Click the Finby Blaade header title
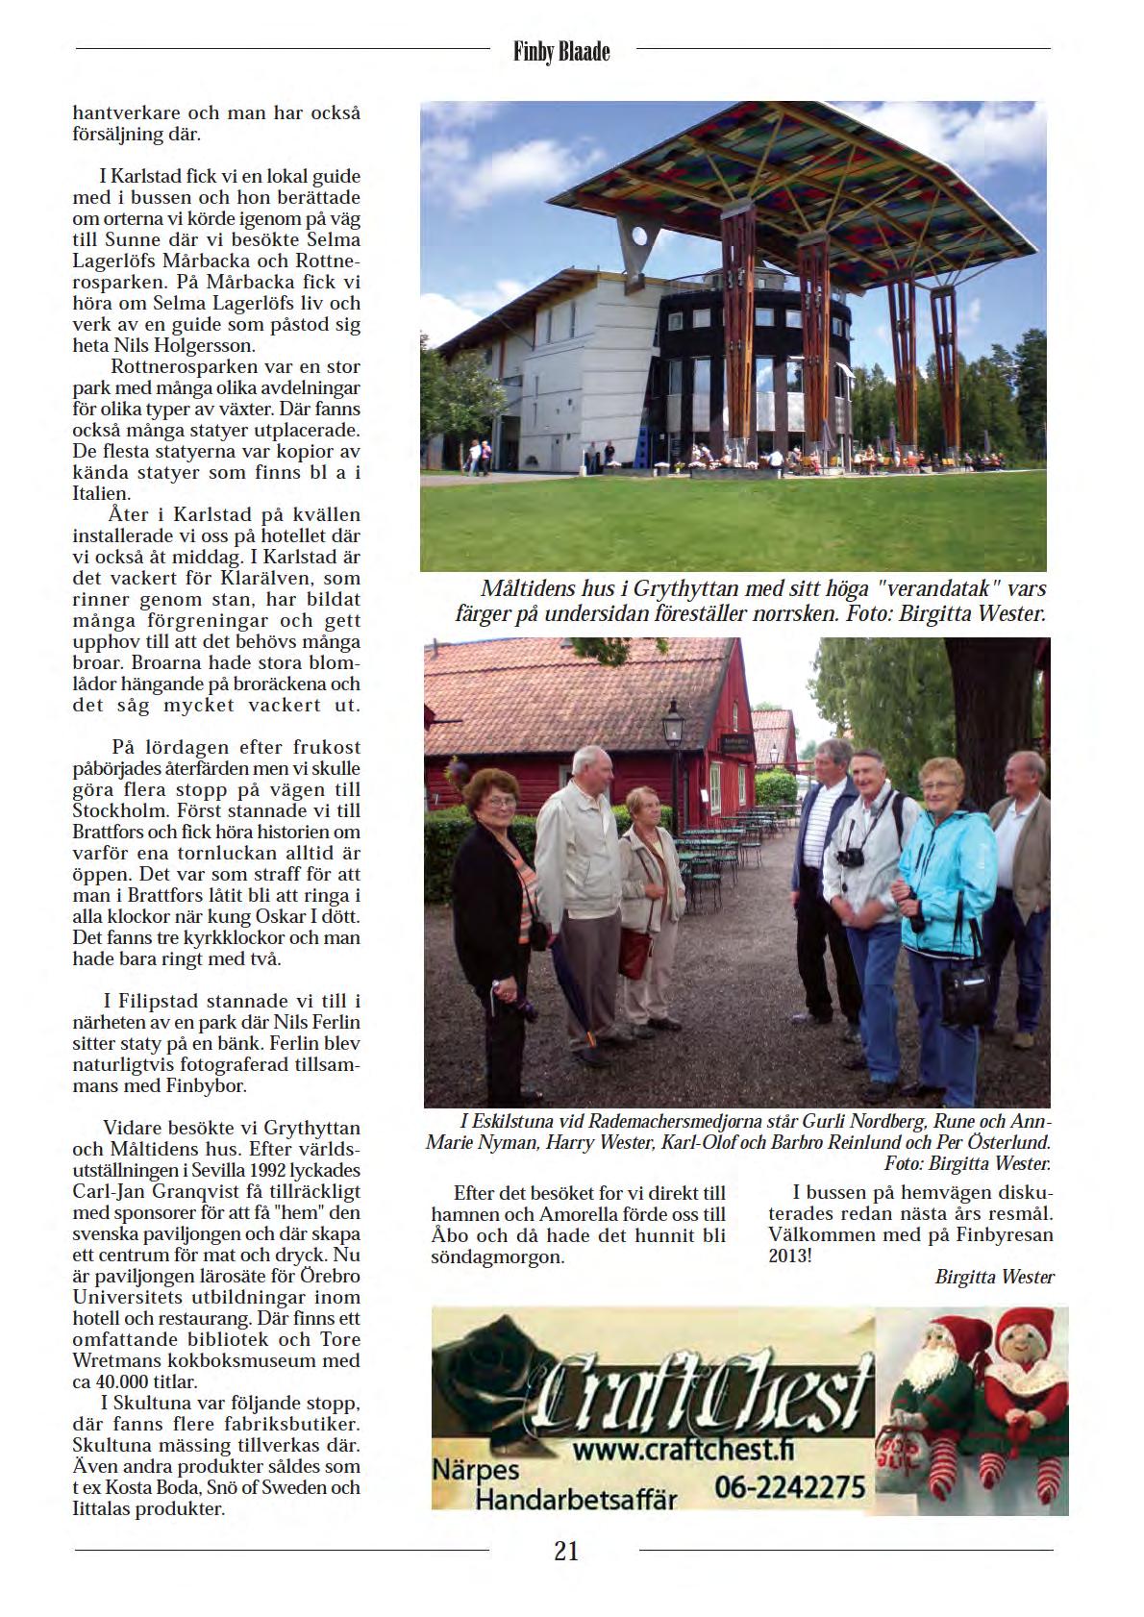(562, 52)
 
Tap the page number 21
(566, 1551)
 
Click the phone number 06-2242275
(790, 1487)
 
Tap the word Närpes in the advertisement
(475, 1471)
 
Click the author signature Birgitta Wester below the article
(994, 1278)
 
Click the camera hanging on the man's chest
(850, 857)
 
